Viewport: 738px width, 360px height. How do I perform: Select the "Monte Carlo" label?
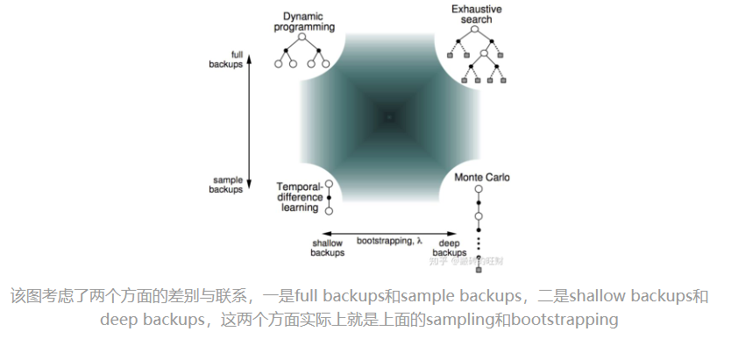482,177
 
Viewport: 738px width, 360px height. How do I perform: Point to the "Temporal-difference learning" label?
299,196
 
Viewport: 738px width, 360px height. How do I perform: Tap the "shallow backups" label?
327,248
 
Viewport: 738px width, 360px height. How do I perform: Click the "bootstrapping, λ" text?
388,240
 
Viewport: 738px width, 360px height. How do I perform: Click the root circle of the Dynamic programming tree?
302,37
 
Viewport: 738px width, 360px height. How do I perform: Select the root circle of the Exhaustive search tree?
476,30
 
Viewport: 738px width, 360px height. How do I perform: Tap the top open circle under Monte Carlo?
479,191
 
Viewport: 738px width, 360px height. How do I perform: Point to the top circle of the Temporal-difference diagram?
329,185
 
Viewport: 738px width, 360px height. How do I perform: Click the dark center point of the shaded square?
389,115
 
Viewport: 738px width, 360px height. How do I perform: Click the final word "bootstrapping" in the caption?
565,320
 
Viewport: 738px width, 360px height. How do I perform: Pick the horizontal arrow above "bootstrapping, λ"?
388,232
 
